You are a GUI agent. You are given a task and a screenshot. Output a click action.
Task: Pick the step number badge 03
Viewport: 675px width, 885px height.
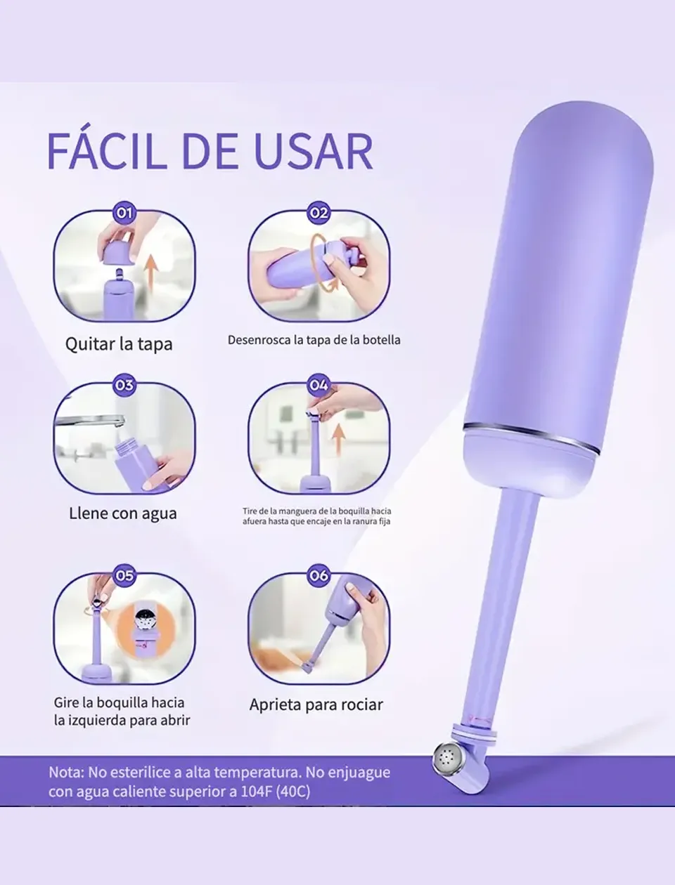(124, 385)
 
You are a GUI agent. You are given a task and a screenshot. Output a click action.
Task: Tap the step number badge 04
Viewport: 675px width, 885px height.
(319, 385)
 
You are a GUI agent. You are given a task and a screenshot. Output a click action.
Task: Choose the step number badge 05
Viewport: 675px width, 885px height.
(124, 575)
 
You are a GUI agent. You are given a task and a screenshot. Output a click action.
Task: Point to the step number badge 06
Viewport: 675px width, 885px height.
(319, 575)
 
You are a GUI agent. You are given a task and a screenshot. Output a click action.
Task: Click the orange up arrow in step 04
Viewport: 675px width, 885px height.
(340, 440)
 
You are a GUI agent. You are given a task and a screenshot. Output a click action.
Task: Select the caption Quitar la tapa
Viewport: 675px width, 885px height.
(119, 344)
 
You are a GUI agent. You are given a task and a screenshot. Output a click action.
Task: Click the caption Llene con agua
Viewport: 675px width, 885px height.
(122, 513)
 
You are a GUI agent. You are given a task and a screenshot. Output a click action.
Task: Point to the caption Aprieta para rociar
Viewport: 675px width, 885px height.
(316, 704)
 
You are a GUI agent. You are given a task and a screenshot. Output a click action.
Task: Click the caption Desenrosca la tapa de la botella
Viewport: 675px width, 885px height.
(314, 339)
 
